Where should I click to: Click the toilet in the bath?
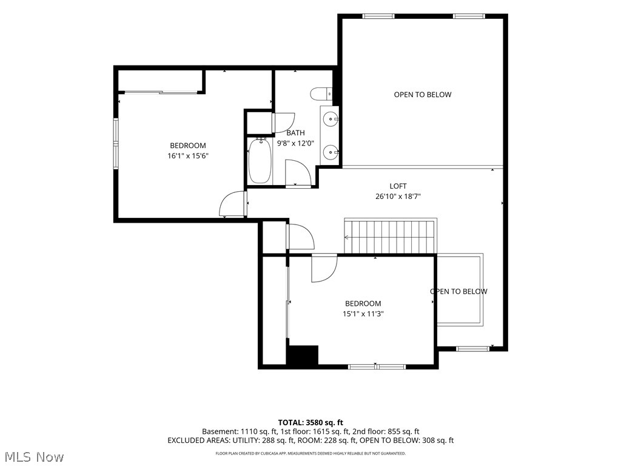[321, 94]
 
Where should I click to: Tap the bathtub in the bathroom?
[260, 161]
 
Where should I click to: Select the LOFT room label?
[398, 186]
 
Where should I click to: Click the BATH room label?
[295, 133]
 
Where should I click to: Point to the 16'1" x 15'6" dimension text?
[188, 156]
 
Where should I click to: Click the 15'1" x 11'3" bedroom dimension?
[363, 314]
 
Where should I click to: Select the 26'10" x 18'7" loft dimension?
[398, 196]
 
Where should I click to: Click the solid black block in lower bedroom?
[303, 354]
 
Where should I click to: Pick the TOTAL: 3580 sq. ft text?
[310, 422]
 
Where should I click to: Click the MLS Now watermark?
[32, 457]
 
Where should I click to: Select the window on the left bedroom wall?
[116, 144]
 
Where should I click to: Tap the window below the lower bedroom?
[377, 366]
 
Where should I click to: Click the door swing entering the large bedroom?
[232, 204]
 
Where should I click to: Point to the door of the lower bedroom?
[324, 268]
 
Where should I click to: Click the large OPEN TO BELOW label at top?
[423, 94]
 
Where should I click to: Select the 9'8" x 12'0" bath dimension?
[295, 143]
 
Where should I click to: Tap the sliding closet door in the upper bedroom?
[160, 93]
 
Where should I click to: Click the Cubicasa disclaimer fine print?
[310, 453]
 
